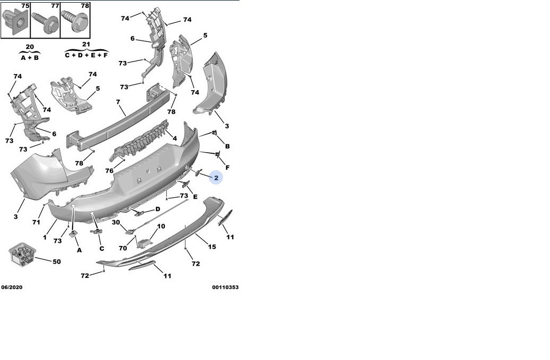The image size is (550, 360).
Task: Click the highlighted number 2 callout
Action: click(x=216, y=178)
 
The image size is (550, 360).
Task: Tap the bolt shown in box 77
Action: click(x=46, y=22)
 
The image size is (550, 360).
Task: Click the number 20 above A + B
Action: click(x=30, y=47)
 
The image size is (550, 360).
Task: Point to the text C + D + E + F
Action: click(x=86, y=55)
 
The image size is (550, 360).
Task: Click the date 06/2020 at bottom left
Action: click(x=12, y=287)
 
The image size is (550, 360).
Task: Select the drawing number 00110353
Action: click(x=225, y=287)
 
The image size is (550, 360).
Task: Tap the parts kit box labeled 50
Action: click(x=22, y=254)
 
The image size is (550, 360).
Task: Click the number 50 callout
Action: click(x=57, y=261)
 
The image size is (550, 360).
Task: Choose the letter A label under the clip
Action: click(x=79, y=250)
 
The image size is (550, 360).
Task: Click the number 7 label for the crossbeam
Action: click(x=118, y=102)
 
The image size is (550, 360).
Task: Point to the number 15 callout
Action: click(x=212, y=247)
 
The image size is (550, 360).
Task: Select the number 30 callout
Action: click(x=116, y=222)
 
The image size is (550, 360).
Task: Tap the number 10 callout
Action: click(x=161, y=226)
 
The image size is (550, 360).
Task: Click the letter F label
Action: click(x=227, y=168)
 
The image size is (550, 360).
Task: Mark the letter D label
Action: click(x=158, y=209)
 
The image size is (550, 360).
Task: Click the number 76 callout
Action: click(x=110, y=171)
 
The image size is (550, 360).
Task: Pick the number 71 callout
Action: click(x=36, y=222)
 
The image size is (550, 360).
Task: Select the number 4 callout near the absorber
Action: click(x=175, y=138)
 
